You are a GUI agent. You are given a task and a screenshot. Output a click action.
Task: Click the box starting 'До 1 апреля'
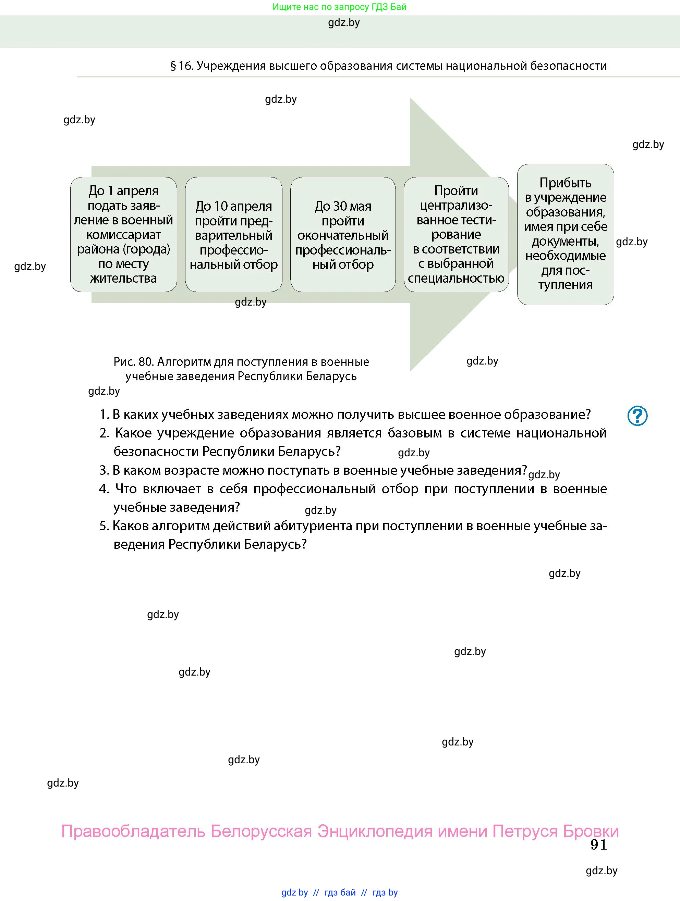point(123,234)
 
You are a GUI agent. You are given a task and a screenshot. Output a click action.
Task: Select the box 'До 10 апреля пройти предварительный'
point(233,235)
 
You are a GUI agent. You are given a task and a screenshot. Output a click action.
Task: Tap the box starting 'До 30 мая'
point(343,235)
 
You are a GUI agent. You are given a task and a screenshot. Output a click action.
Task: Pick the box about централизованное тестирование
point(456,235)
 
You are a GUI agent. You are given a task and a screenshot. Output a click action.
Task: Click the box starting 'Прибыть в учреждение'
point(565,234)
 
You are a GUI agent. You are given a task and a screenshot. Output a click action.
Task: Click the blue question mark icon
point(637,416)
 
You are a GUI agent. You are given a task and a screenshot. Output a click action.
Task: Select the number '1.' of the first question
point(104,415)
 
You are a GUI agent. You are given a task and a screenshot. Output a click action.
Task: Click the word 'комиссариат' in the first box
point(123,235)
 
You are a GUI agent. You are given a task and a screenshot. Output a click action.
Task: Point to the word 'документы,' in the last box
point(565,242)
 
